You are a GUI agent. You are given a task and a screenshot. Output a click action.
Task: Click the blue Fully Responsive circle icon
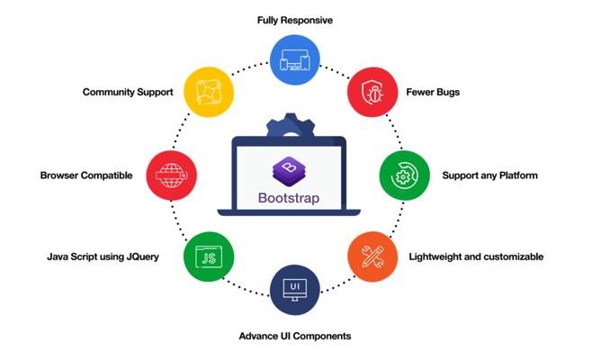pyautogui.click(x=295, y=59)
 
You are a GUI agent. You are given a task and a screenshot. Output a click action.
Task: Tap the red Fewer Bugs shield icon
pyautogui.click(x=372, y=92)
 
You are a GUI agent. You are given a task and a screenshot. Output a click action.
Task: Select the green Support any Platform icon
pyautogui.click(x=405, y=175)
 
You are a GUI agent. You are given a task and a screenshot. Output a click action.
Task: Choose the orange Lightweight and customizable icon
pyautogui.click(x=372, y=256)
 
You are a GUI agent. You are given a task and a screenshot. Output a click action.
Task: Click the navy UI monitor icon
pyautogui.click(x=295, y=290)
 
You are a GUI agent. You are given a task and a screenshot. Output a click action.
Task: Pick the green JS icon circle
pyautogui.click(x=209, y=256)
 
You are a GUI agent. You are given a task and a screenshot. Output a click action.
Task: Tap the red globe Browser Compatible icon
pyautogui.click(x=171, y=175)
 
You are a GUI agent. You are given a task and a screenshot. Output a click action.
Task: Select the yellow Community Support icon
pyautogui.click(x=209, y=92)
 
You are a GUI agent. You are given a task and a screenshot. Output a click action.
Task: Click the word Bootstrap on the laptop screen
pyautogui.click(x=289, y=198)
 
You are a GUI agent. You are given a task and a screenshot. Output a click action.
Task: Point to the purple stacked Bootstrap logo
pyautogui.click(x=289, y=171)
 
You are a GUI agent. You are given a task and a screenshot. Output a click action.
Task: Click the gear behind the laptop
pyautogui.click(x=291, y=125)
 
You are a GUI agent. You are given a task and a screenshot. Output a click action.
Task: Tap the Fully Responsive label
pyautogui.click(x=295, y=21)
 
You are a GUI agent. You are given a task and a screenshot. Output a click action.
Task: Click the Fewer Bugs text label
pyautogui.click(x=433, y=92)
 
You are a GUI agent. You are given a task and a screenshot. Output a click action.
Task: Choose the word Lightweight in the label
pyautogui.click(x=435, y=256)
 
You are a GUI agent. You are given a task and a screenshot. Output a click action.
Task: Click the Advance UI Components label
pyautogui.click(x=295, y=337)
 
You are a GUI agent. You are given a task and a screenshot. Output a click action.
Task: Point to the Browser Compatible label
pyautogui.click(x=86, y=175)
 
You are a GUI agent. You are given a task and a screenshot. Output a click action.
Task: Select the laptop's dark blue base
pyautogui.click(x=289, y=212)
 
